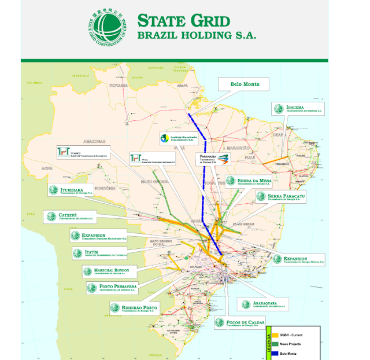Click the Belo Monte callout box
coord(245,85)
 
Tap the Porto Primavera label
coord(116,288)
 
